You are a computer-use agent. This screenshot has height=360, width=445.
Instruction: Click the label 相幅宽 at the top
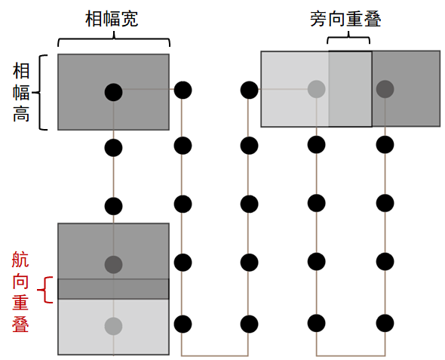coord(112,19)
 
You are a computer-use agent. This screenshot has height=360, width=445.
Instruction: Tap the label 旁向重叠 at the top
coord(345,19)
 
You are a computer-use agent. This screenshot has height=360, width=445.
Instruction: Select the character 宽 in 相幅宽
coord(130,19)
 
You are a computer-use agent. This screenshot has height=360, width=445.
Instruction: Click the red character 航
coord(20,259)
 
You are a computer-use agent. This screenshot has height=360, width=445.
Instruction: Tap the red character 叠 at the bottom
coord(20,324)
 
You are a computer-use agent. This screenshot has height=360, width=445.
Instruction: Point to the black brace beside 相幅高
coord(39,93)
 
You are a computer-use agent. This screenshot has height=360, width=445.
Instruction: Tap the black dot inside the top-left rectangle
coord(114,92)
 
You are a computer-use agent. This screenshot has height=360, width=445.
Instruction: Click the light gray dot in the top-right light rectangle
coord(317,89)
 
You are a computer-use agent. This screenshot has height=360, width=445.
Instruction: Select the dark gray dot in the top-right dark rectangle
coord(385,89)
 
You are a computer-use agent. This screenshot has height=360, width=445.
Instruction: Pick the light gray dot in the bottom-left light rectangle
coord(114,326)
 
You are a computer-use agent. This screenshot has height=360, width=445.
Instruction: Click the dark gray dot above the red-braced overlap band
coord(114,265)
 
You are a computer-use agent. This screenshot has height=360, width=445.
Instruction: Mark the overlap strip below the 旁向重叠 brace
coord(350,89)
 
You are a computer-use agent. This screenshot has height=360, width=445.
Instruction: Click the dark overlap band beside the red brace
coord(114,289)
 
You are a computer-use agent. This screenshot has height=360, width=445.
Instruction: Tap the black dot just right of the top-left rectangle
coord(183,90)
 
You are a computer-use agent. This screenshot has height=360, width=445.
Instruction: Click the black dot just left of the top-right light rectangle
coord(249,90)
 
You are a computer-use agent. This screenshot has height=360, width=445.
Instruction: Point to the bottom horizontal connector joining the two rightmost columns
coord(351,355)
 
